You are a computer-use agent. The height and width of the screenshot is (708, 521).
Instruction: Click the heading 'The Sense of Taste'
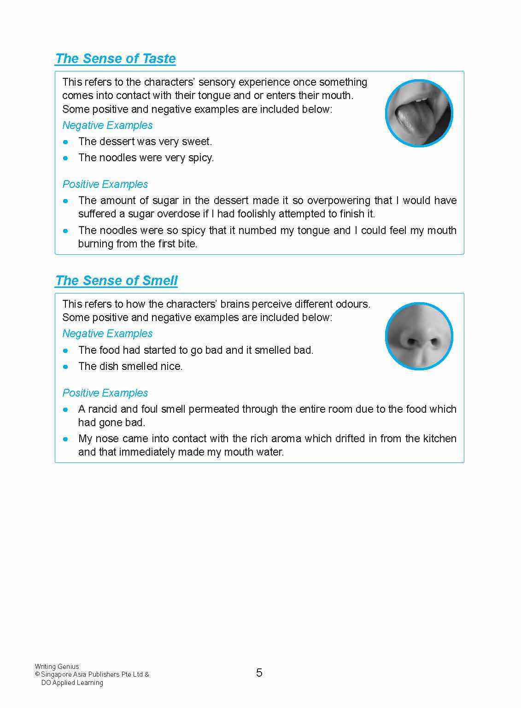[115, 59]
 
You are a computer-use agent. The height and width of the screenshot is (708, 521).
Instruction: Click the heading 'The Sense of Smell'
[116, 281]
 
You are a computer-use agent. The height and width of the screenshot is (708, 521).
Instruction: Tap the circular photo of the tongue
[419, 113]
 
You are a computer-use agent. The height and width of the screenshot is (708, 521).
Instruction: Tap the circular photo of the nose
[419, 336]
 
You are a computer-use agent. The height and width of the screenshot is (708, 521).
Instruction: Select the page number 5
[259, 673]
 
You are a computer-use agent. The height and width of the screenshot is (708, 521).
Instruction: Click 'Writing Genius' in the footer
[57, 666]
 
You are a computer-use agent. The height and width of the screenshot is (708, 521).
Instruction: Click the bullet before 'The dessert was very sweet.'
[66, 142]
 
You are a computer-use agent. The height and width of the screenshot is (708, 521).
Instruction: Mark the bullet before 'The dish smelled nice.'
[66, 367]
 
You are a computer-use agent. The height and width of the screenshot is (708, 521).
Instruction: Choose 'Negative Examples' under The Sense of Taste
[107, 125]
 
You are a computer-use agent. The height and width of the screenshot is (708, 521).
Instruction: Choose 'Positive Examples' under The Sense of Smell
[105, 393]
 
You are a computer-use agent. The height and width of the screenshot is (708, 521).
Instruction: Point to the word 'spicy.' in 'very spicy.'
[200, 158]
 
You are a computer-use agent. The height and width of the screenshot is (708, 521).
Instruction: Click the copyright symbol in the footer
[37, 674]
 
